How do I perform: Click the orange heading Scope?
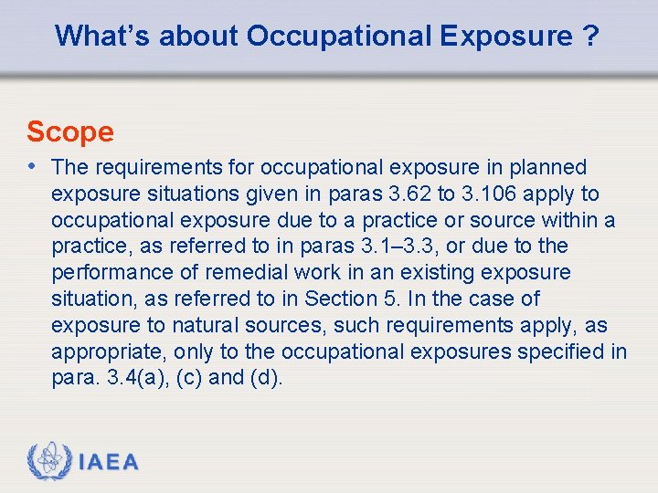click(70, 132)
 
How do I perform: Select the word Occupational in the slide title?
click(339, 37)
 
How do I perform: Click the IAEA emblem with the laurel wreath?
click(48, 461)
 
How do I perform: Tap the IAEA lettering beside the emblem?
click(109, 463)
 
